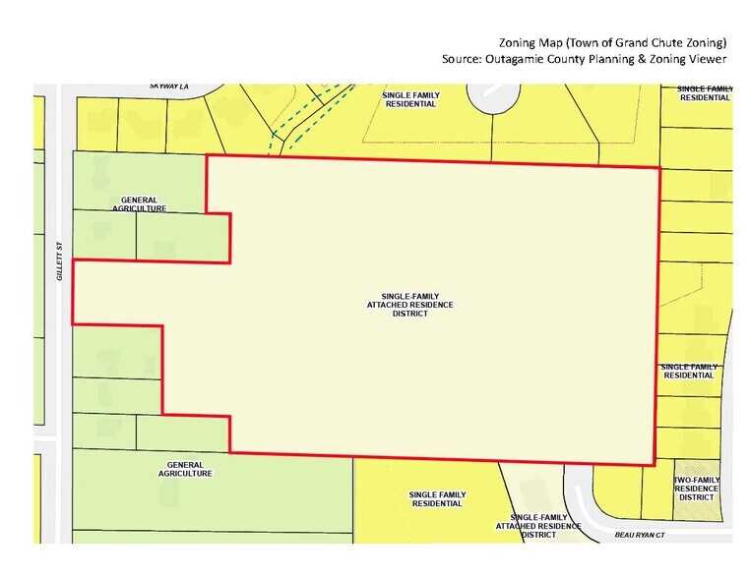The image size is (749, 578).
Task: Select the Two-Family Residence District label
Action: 696,488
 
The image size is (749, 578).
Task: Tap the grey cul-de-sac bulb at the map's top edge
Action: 491,96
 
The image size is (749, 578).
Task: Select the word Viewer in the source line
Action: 707,59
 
